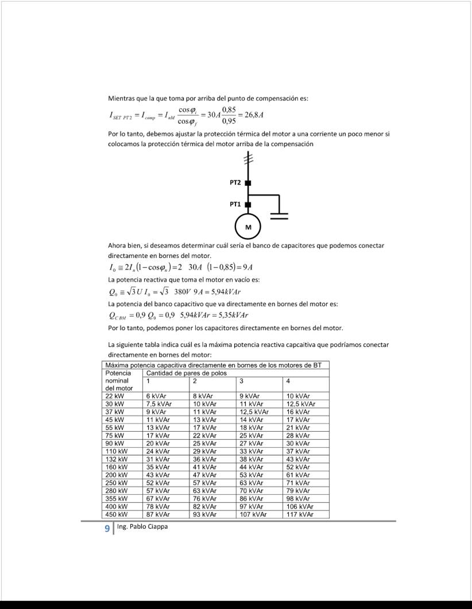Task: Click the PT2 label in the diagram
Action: click(x=234, y=182)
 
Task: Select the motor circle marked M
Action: click(x=248, y=227)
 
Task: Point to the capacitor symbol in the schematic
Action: click(x=279, y=215)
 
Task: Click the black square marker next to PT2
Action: click(x=248, y=182)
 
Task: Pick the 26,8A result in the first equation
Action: click(x=254, y=115)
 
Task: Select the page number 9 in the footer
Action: click(x=107, y=528)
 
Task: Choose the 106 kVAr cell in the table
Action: click(x=300, y=506)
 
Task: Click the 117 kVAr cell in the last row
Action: click(x=300, y=514)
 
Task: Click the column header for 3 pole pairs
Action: click(x=242, y=381)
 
